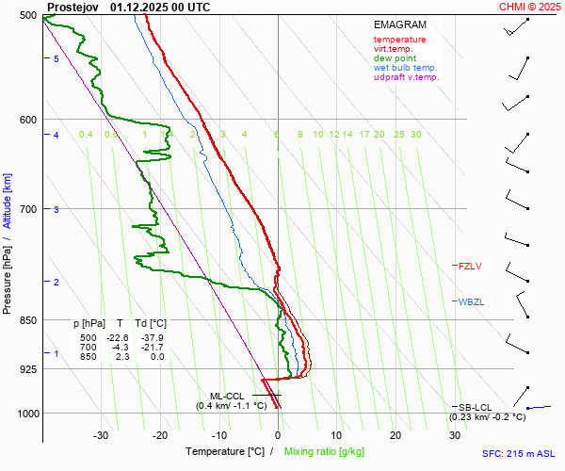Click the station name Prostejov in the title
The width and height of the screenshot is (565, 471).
[x=73, y=7]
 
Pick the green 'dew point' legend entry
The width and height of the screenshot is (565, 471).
[x=395, y=58]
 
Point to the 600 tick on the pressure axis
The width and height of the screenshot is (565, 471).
[x=27, y=120]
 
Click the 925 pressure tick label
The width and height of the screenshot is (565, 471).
[x=27, y=369]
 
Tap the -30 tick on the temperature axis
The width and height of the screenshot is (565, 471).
[x=101, y=435]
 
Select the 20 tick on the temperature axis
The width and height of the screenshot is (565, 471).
[x=395, y=435]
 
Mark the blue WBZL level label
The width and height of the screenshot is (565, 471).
[x=470, y=302]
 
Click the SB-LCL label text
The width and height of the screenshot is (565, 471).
[x=476, y=407]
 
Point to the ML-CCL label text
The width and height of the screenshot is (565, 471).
[x=227, y=396]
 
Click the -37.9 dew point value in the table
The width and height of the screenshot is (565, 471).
[x=151, y=338]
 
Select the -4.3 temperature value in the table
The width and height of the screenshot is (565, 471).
[x=120, y=348]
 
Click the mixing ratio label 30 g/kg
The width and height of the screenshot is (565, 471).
[x=415, y=135]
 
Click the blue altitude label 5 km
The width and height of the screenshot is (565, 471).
[x=56, y=59]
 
